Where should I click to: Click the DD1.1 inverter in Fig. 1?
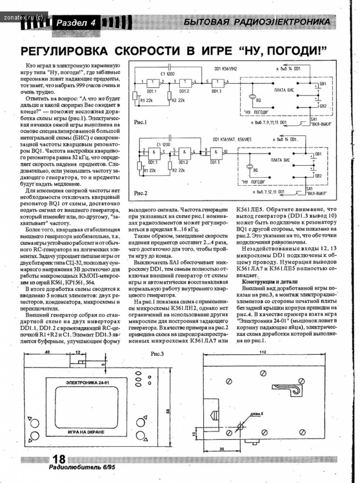click(x=153, y=81)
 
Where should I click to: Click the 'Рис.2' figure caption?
click(x=142, y=193)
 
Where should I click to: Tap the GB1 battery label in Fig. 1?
click(x=323, y=84)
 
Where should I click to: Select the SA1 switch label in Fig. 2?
click(x=313, y=189)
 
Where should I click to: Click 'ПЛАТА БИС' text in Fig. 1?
click(x=285, y=90)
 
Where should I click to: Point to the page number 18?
click(x=59, y=459)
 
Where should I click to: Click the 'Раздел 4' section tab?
click(x=76, y=22)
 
